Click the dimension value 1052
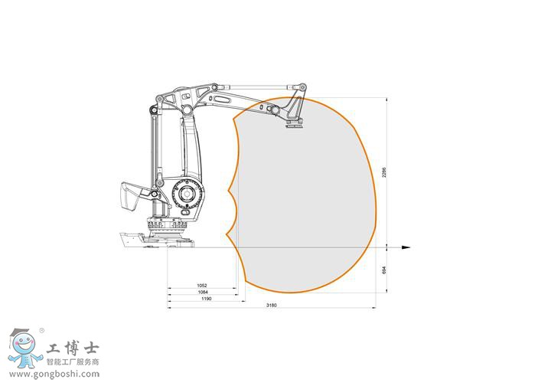pos(202,286)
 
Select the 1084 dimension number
pos(202,292)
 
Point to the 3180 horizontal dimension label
pos(271,306)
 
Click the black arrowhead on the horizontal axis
pos(406,247)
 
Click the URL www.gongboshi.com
pos(54,374)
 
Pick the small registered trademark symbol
pos(41,332)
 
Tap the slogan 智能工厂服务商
pos(73,361)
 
